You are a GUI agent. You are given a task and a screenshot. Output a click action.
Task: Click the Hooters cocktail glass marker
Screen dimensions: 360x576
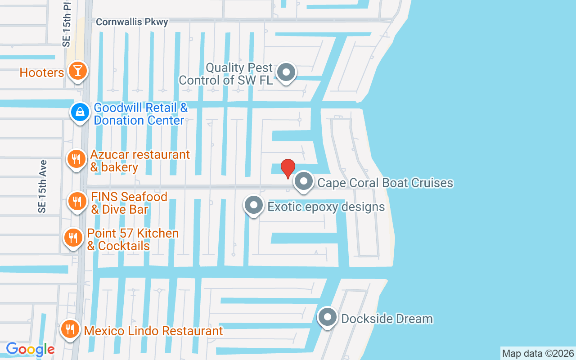78,71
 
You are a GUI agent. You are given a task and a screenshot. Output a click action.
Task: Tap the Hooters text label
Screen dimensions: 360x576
41,72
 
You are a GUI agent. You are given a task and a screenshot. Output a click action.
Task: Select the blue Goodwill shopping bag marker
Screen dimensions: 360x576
80,112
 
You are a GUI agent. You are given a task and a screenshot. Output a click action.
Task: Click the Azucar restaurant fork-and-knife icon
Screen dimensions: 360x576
76,159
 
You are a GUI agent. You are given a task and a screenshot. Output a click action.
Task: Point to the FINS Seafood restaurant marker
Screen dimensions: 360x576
77,201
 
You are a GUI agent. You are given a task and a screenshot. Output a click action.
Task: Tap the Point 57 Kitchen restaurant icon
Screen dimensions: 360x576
72,238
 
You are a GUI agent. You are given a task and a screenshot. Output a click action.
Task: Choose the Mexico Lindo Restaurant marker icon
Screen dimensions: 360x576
70,329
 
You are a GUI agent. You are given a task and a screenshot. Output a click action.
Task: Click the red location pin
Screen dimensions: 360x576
288,168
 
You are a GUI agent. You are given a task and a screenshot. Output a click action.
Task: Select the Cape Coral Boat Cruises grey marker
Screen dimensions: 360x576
304,182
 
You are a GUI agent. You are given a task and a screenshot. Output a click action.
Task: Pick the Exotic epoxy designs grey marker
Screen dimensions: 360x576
253,205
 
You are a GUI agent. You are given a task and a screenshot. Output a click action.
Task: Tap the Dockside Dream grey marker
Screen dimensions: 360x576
328,317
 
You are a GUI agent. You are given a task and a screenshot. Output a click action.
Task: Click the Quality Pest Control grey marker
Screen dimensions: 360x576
285,72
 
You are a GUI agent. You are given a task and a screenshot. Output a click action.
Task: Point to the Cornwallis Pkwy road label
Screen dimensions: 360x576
132,22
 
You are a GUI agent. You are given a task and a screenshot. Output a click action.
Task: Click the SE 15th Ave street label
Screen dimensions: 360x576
42,186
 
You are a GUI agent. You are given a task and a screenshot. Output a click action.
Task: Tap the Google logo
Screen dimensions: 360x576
30,349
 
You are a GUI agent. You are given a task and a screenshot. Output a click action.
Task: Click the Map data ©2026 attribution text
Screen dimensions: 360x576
538,354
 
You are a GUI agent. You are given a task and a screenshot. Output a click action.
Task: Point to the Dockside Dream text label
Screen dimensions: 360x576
387,319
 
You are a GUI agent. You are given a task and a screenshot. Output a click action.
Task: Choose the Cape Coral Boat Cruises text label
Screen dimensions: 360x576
385,183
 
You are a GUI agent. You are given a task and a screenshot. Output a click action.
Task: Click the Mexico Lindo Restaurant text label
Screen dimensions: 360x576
153,331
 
